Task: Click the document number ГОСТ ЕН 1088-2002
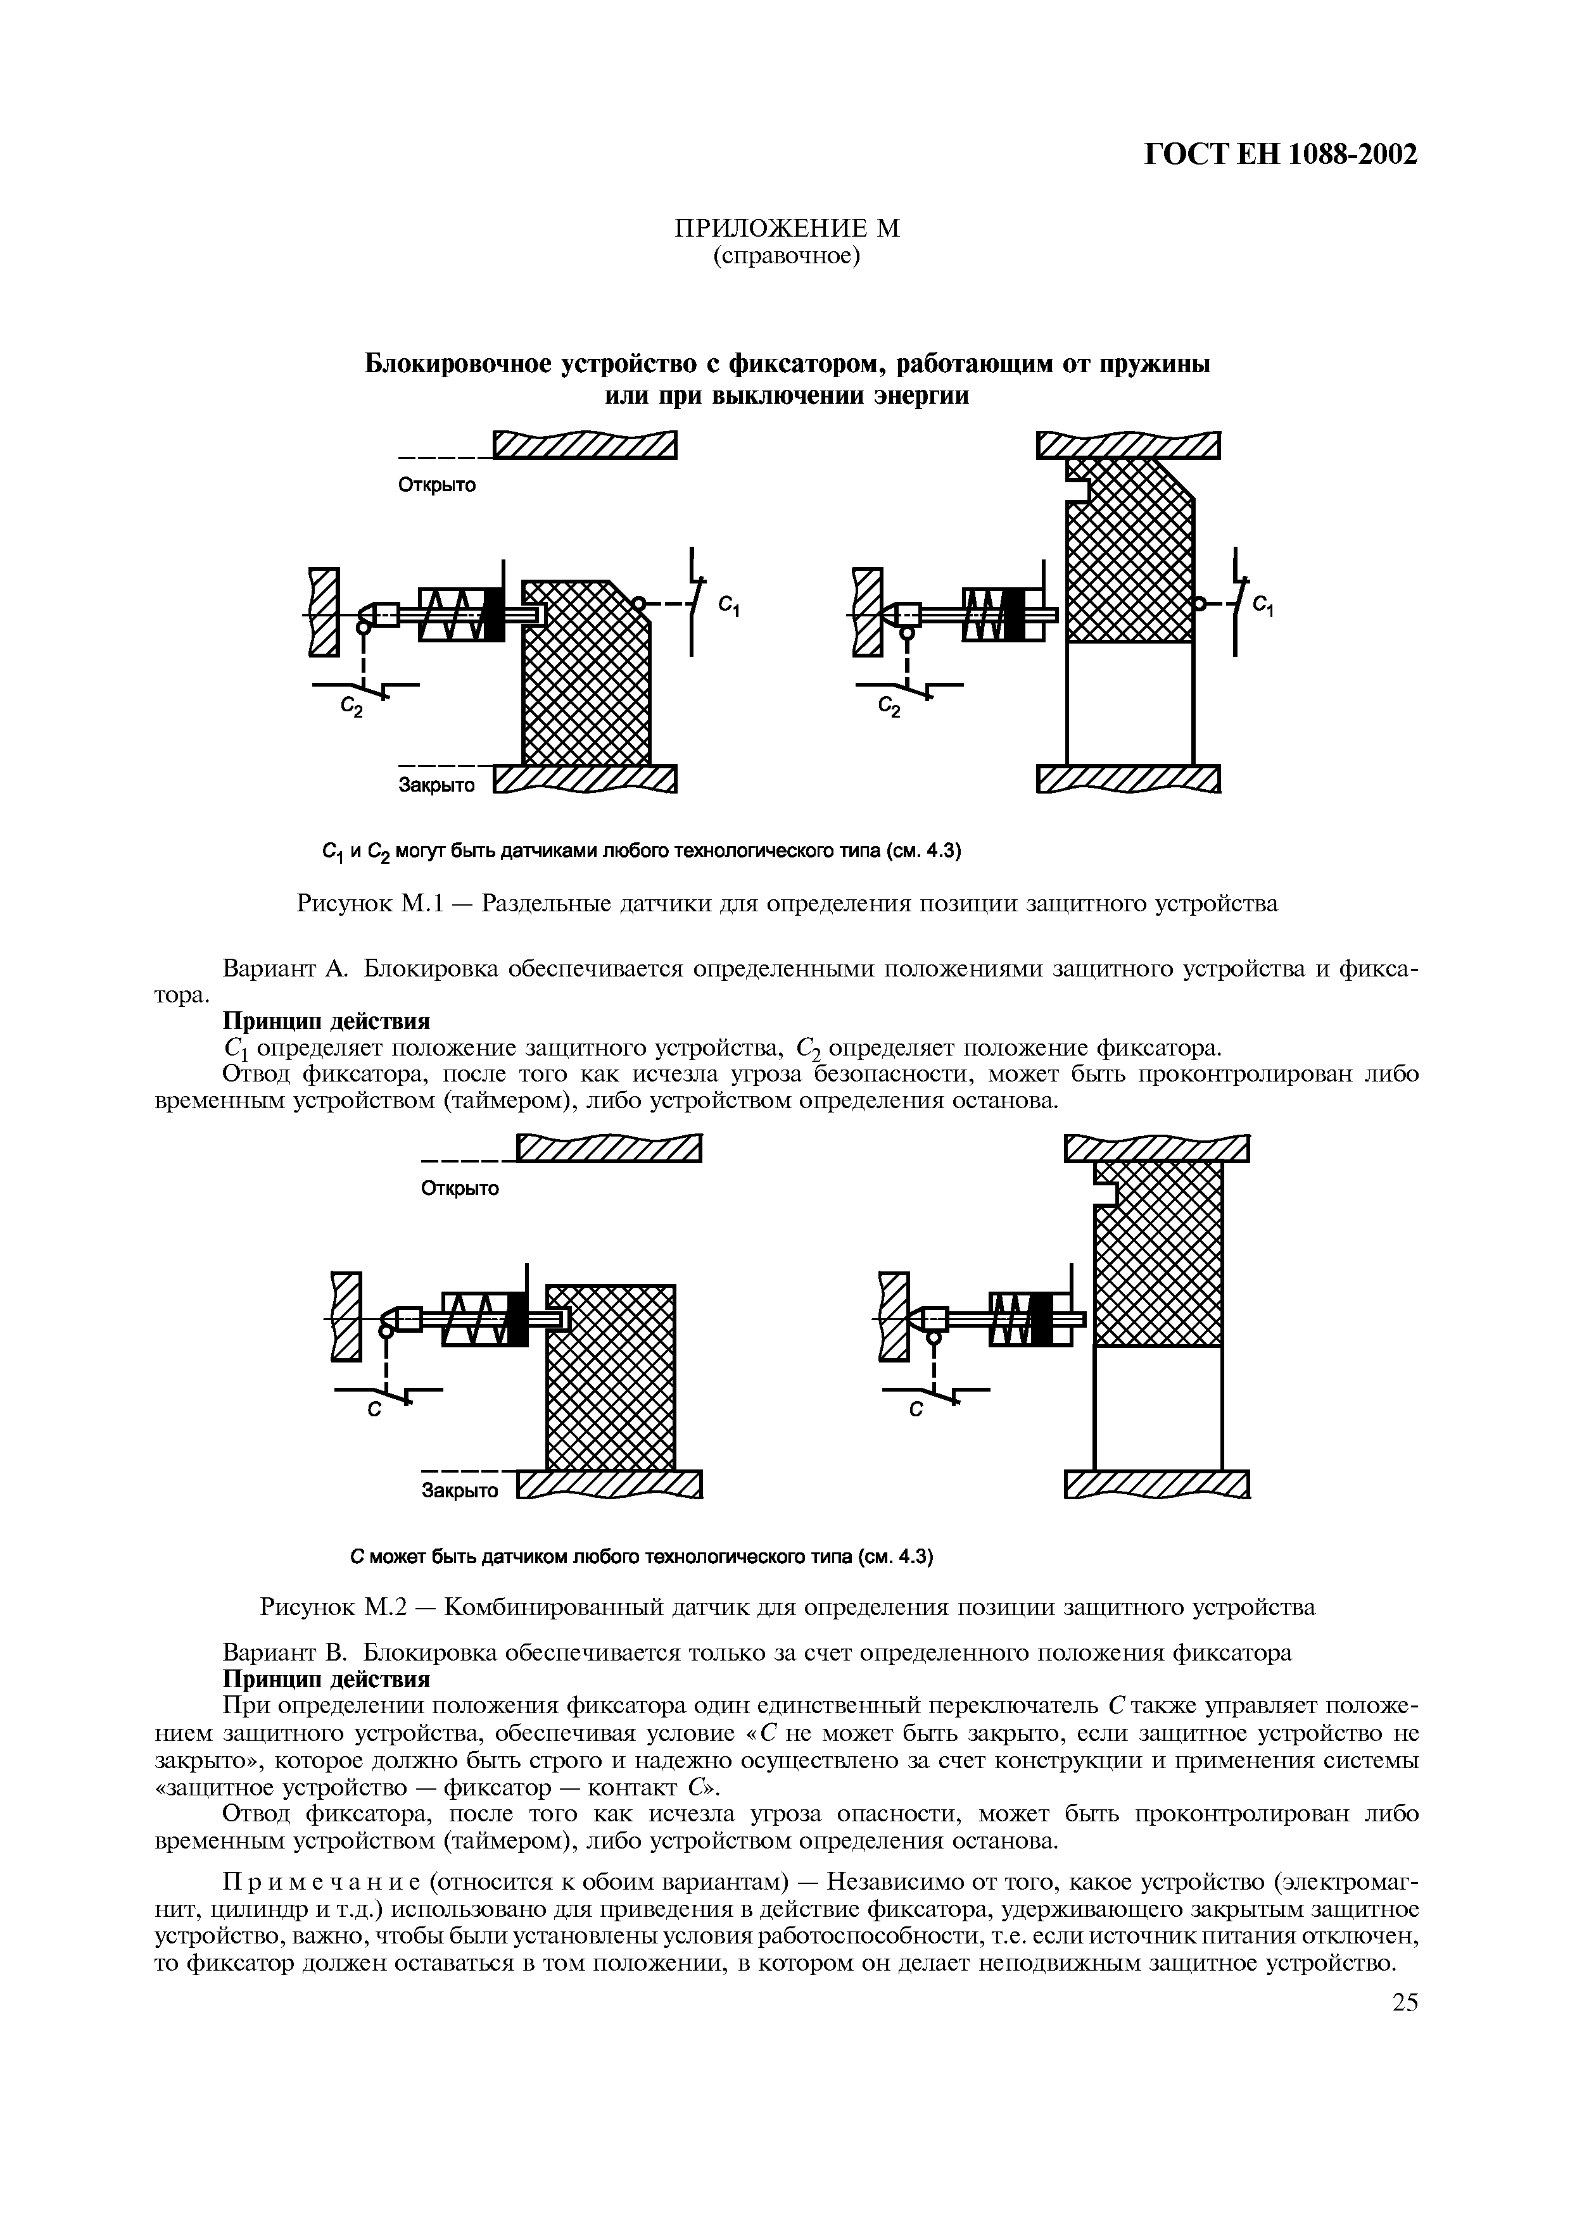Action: pos(1280,154)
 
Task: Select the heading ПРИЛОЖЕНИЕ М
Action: pos(785,228)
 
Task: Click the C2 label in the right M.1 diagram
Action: pos(888,709)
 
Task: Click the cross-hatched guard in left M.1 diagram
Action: pos(585,696)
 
